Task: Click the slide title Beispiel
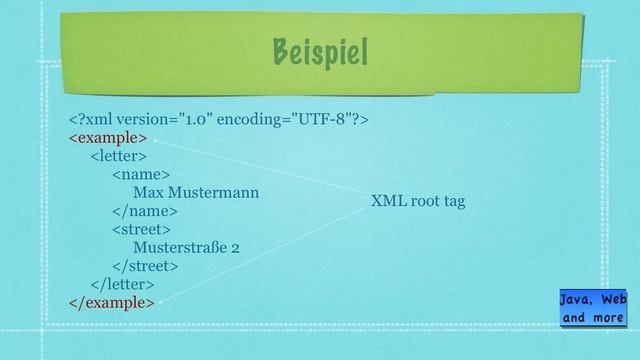[x=319, y=50]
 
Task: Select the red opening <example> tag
[x=108, y=137]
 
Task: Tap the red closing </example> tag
[x=111, y=301]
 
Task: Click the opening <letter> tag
[x=118, y=155]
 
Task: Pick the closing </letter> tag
[x=122, y=283]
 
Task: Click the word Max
[x=148, y=192]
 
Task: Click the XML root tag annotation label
[x=418, y=201]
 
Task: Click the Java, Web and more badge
[x=593, y=308]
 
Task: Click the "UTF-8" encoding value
[x=319, y=119]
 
